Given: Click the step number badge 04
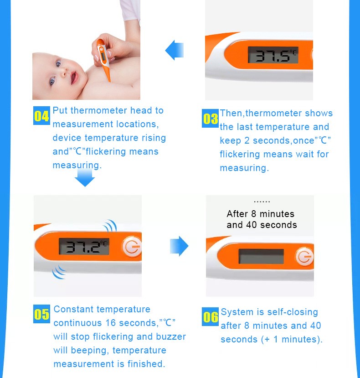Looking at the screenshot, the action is [41, 115].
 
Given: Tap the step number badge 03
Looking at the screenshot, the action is [210, 119].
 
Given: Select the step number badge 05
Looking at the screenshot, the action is [41, 314].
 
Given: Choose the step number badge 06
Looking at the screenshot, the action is [210, 316].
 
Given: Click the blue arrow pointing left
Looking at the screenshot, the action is [174, 50].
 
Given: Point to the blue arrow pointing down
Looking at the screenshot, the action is [85, 177].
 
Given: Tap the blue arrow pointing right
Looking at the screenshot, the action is [179, 246].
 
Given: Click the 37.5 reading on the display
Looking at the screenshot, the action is [273, 55].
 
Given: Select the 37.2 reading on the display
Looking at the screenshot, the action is [84, 246].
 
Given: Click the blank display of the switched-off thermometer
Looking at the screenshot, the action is [261, 257].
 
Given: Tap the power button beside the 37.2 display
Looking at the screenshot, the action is [132, 246].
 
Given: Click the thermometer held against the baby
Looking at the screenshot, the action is [103, 59].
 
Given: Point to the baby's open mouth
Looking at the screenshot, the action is [74, 78].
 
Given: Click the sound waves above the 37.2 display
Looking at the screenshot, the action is [111, 226].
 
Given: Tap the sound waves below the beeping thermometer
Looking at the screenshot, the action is [59, 272].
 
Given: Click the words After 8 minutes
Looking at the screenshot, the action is [261, 214].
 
